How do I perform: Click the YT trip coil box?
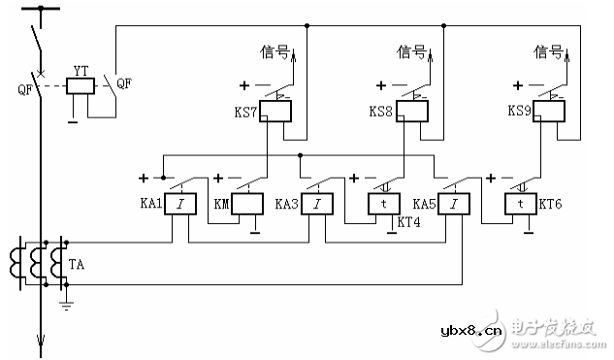82,86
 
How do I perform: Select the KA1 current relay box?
178,205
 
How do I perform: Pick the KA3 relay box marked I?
315,205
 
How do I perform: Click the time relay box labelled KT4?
384,205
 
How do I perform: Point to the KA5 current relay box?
451,205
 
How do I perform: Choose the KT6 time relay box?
520,205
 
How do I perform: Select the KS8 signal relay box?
412,114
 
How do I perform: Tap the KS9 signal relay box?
551,114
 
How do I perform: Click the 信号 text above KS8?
412,51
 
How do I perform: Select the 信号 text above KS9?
549,51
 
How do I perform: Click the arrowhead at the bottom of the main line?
40,341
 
